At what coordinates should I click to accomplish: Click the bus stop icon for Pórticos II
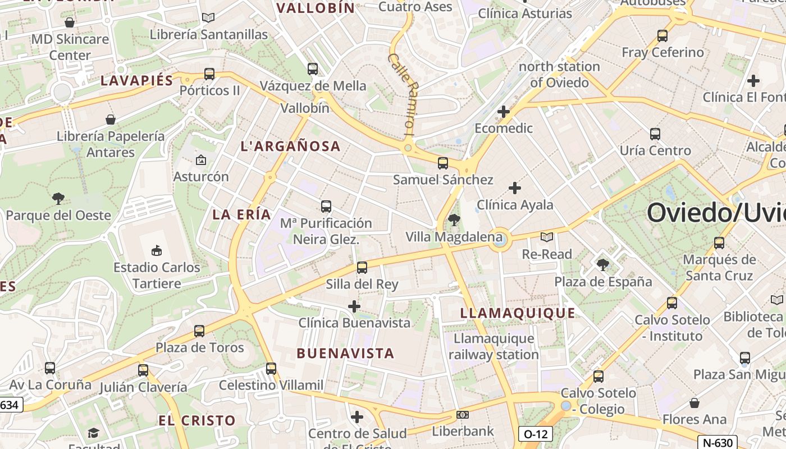[209, 74]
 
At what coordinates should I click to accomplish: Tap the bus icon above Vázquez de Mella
[313, 69]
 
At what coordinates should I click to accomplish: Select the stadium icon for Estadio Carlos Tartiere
[157, 250]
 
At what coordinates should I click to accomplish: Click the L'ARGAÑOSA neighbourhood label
[290, 146]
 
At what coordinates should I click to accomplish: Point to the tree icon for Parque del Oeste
[58, 198]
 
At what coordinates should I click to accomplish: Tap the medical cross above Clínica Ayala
[514, 188]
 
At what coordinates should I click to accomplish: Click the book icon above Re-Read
[546, 237]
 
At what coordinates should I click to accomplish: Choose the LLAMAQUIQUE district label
[518, 313]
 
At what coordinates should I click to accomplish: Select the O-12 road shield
[534, 434]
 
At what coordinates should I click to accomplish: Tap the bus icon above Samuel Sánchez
[443, 163]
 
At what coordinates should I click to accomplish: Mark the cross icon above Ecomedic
[504, 112]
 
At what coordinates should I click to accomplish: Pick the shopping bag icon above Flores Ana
[694, 403]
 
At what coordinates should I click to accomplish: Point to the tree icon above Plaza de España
[603, 264]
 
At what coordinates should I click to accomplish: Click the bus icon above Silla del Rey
[362, 267]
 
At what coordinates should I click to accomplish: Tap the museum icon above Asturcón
[200, 160]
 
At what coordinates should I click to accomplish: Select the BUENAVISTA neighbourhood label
[345, 354]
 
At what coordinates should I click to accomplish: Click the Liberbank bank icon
[463, 415]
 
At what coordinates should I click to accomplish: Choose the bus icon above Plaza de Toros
[199, 331]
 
